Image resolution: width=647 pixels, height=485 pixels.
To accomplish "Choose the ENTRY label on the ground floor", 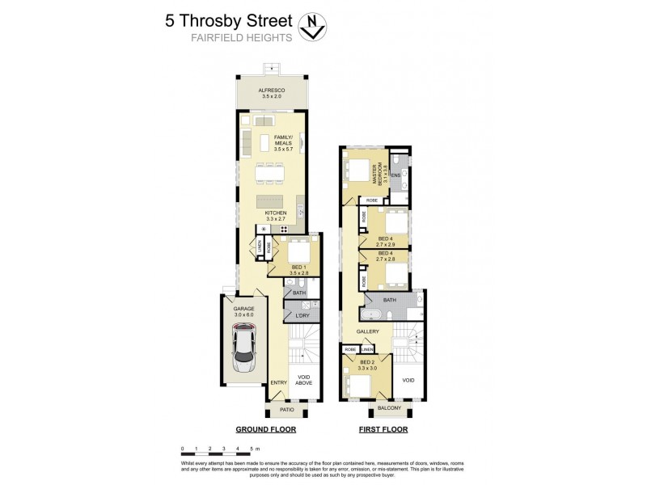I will (x=278, y=382).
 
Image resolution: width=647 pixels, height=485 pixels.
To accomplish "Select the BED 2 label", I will (x=367, y=361).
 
